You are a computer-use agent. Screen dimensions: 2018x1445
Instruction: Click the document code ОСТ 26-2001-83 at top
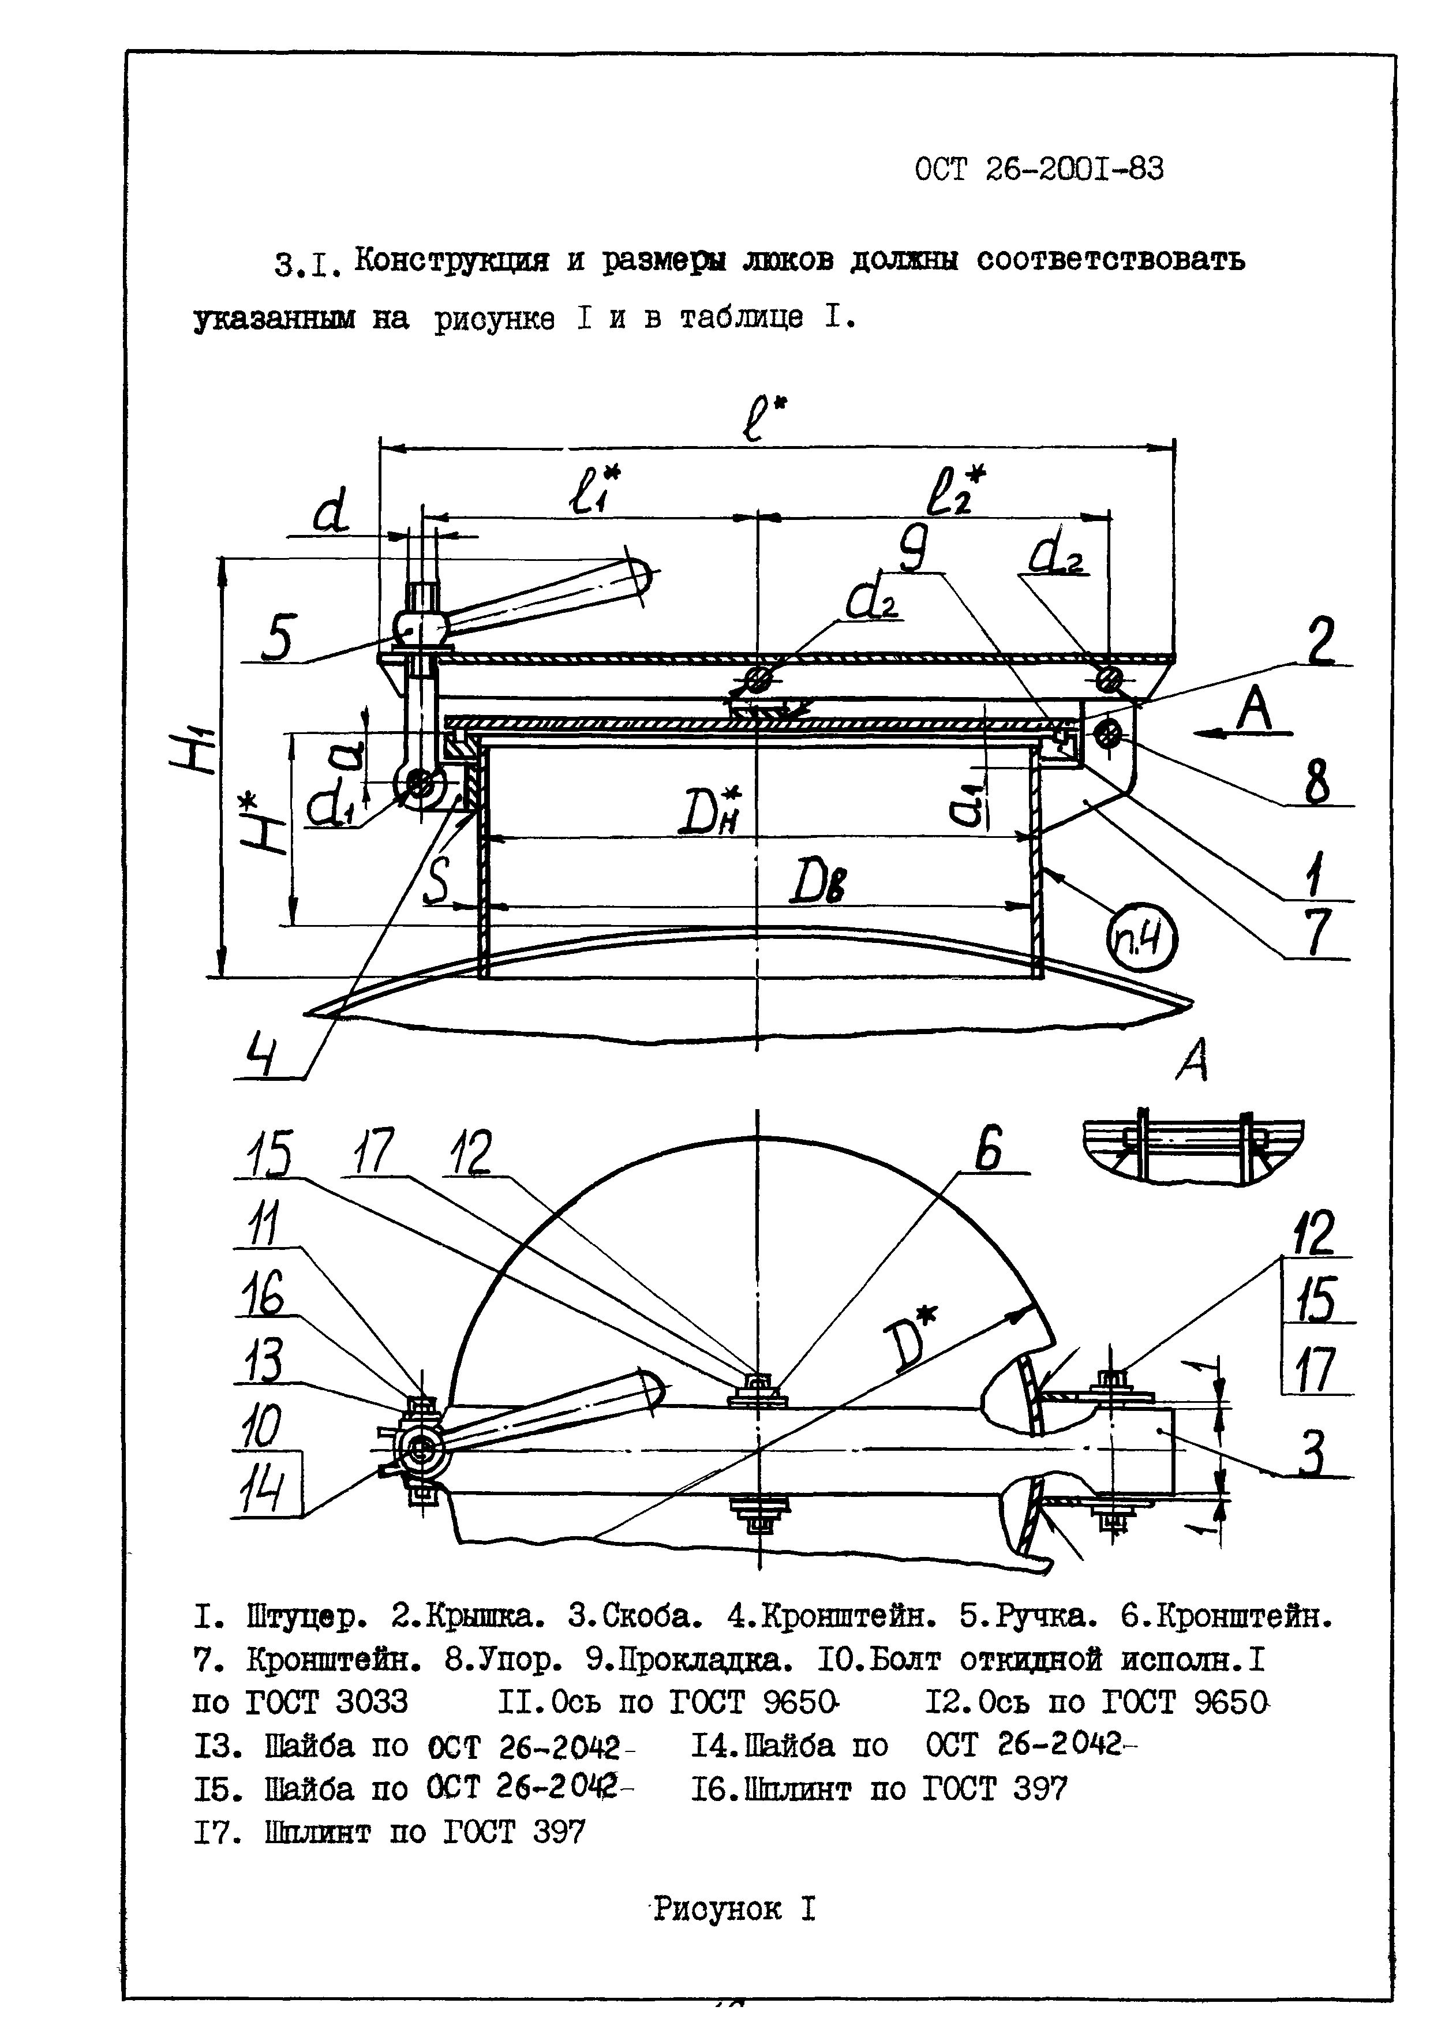(x=1038, y=169)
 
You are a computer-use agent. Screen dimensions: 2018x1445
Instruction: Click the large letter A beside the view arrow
(x=1255, y=711)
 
